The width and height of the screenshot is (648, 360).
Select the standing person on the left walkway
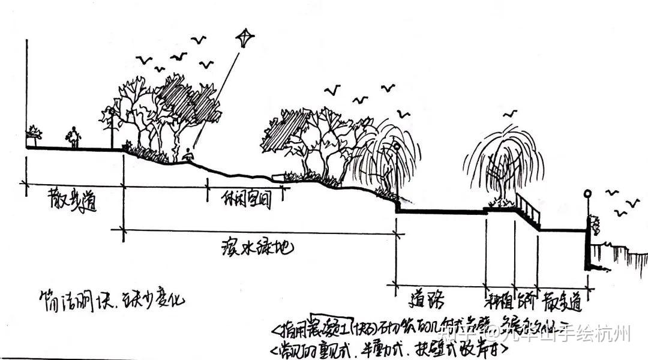click(74, 138)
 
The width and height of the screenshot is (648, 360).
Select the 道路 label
click(430, 298)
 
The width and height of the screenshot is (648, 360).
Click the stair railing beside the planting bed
click(528, 207)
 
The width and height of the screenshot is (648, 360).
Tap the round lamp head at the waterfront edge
click(587, 193)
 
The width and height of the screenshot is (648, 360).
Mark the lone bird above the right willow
click(511, 113)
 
